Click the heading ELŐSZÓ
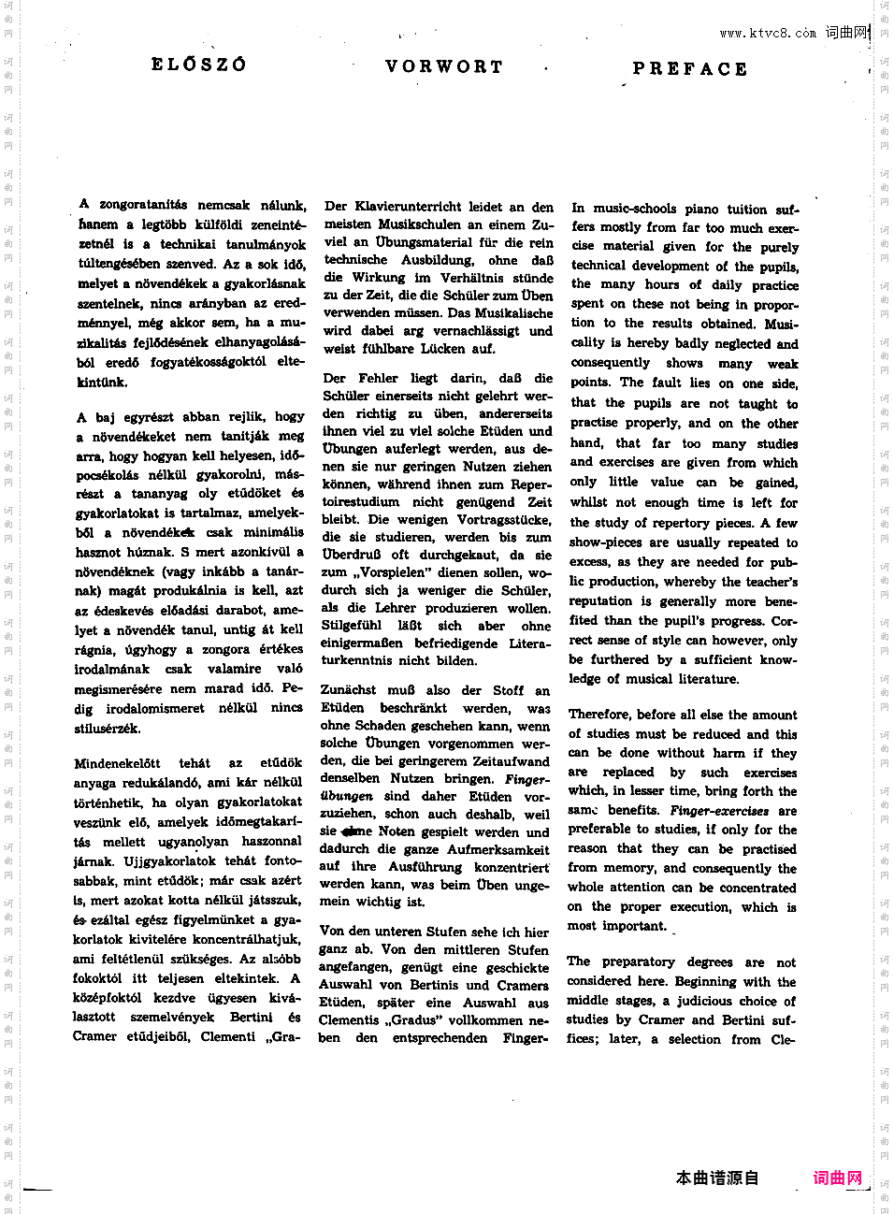pyautogui.click(x=198, y=65)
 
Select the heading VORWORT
pyautogui.click(x=444, y=66)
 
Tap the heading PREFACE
pyautogui.click(x=690, y=68)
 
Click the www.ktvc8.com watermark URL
pyautogui.click(x=767, y=34)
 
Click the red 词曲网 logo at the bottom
pyautogui.click(x=837, y=1178)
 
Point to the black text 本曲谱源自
pyautogui.click(x=717, y=1178)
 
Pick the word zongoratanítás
pyautogui.click(x=143, y=204)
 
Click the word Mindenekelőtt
pyautogui.click(x=117, y=763)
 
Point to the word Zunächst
pyautogui.click(x=348, y=690)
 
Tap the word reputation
pyautogui.click(x=600, y=601)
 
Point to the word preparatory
pyautogui.click(x=639, y=961)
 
